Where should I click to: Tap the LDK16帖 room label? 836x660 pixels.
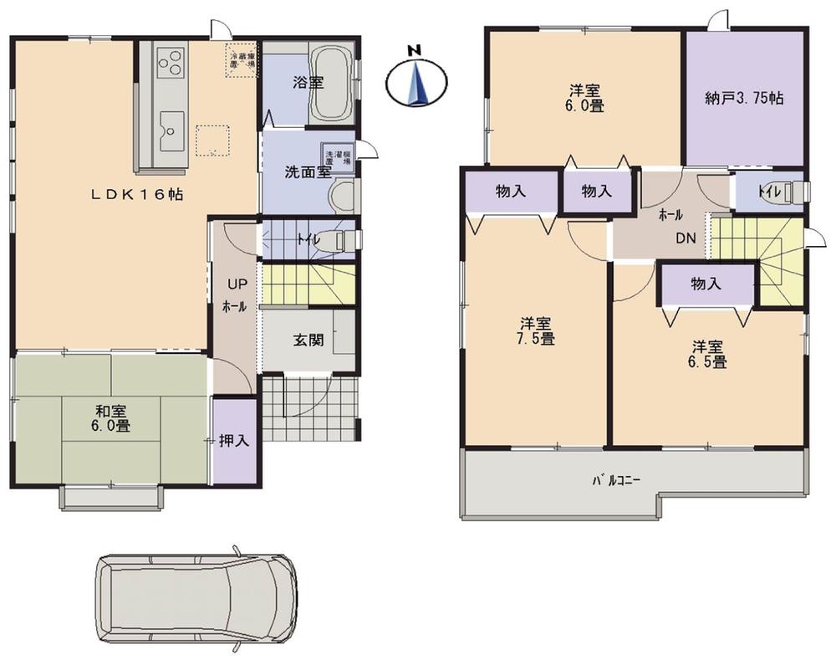[x=138, y=193]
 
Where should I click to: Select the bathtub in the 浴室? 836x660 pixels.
[x=333, y=83]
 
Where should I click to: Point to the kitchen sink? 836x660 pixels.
[x=172, y=129]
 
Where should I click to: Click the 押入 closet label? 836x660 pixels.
[x=233, y=440]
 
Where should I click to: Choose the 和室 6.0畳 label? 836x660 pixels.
[x=110, y=417]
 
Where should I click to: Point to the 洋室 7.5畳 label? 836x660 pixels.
[x=536, y=330]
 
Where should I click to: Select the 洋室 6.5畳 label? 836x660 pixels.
[x=707, y=354]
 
